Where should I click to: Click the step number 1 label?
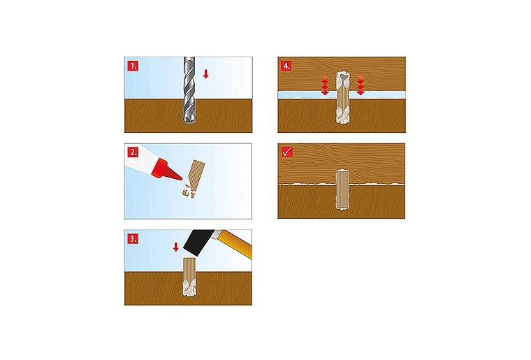click(133, 66)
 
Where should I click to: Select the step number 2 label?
click(133, 152)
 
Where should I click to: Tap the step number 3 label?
click(133, 238)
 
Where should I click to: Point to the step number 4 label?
click(286, 66)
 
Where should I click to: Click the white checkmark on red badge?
click(286, 152)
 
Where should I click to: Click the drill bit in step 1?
click(189, 90)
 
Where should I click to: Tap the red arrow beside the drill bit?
click(205, 74)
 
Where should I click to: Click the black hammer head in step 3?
click(199, 243)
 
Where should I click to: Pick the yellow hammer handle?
click(235, 243)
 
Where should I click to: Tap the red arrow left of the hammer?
click(175, 247)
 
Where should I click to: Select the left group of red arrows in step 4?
click(325, 85)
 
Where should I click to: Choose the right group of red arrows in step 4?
click(361, 85)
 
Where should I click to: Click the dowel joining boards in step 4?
click(342, 98)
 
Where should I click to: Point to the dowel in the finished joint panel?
click(342, 189)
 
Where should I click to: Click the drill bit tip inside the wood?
click(189, 120)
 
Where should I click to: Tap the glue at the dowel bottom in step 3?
click(189, 288)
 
